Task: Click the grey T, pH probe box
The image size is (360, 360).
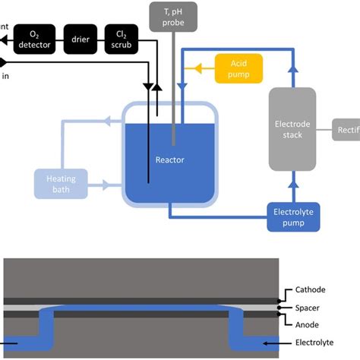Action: [175, 16]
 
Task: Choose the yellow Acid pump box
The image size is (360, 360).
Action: [238, 68]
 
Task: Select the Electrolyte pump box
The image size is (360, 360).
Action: [294, 217]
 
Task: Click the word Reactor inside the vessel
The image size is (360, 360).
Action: [170, 159]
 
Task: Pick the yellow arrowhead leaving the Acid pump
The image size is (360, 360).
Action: [200, 68]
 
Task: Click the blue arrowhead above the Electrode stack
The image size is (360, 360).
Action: [292, 72]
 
